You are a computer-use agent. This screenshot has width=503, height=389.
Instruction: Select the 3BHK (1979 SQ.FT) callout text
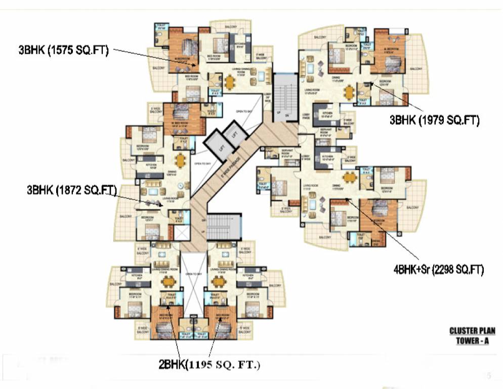(x=434, y=120)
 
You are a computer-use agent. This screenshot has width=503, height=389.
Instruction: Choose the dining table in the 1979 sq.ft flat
(x=349, y=92)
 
